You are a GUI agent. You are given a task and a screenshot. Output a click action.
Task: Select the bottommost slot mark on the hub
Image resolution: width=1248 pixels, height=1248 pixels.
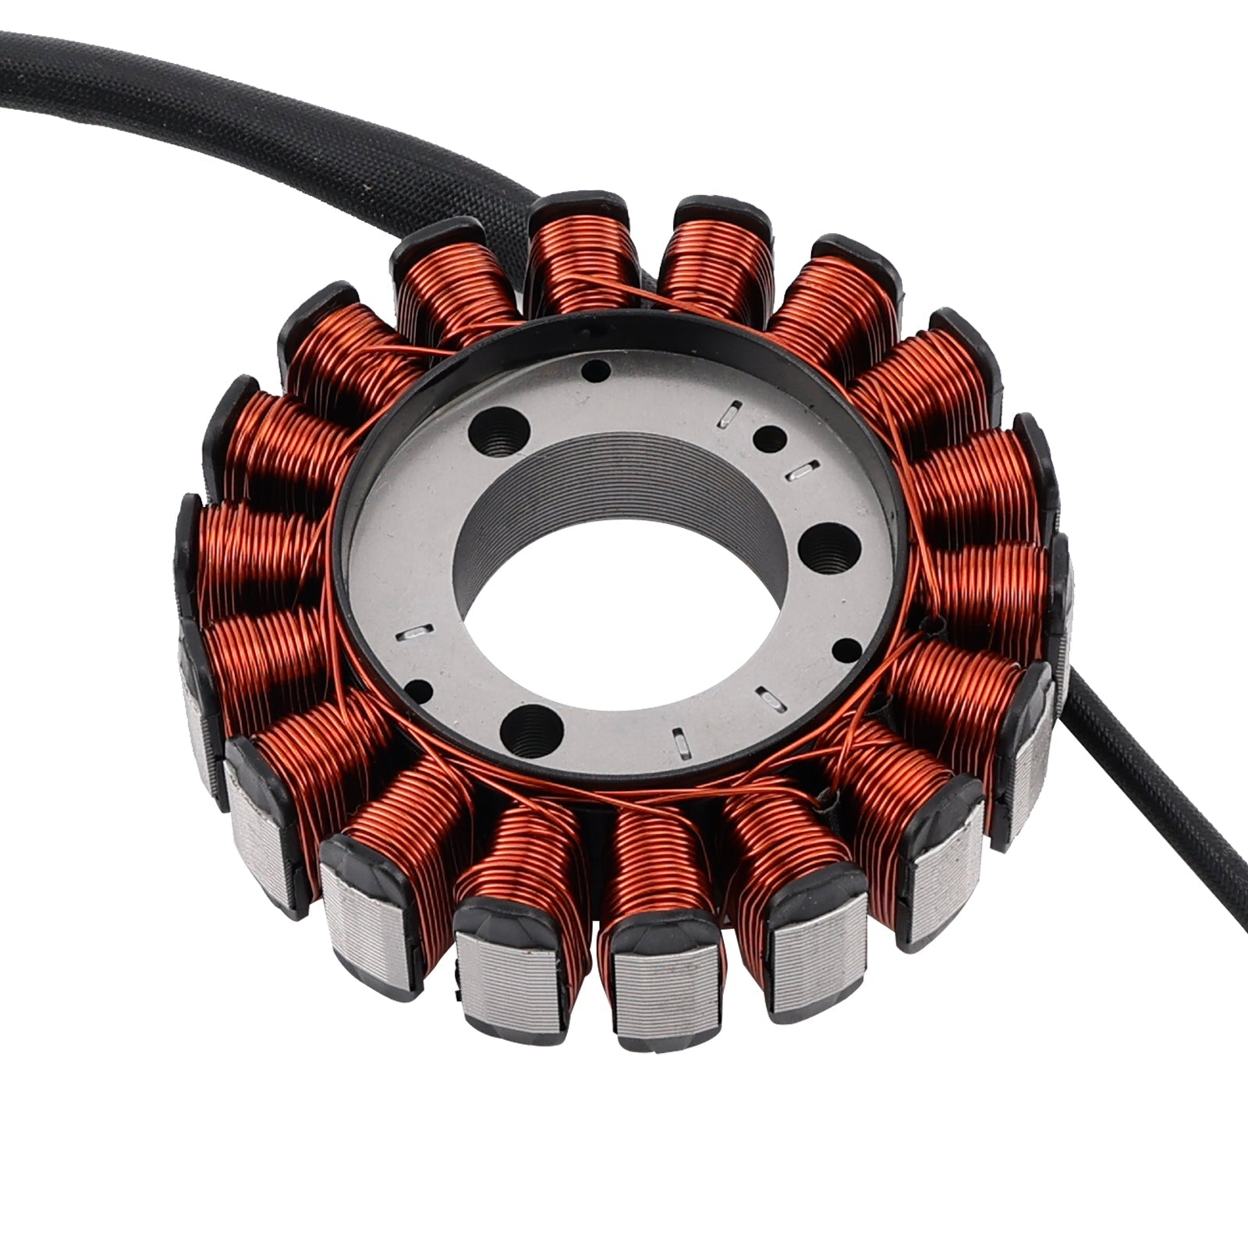[681, 741]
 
